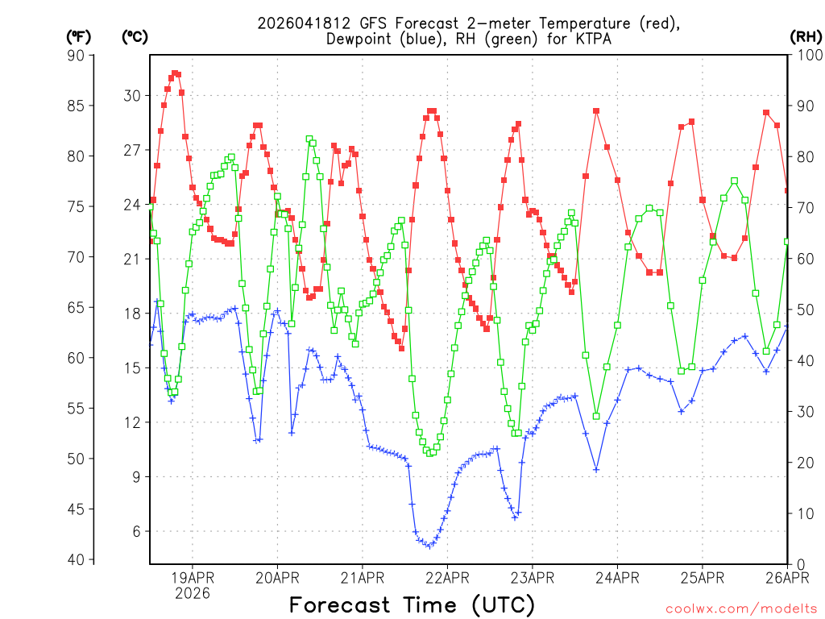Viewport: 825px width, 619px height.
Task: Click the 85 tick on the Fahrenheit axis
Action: (x=80, y=105)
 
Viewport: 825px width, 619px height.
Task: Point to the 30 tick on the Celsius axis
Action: (x=132, y=95)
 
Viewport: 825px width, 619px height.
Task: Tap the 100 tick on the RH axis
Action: (x=807, y=55)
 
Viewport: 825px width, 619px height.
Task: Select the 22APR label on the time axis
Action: (x=446, y=577)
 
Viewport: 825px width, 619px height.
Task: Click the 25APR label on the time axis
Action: (x=702, y=577)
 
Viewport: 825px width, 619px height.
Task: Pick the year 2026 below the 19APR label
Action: (x=192, y=593)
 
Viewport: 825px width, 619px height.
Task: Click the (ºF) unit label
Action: (x=78, y=36)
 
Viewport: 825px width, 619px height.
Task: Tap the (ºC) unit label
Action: (x=134, y=36)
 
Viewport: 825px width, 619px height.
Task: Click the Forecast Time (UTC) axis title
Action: (x=412, y=604)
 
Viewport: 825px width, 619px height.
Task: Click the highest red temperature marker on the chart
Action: (x=175, y=73)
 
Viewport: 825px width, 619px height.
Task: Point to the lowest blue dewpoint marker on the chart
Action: (x=429, y=546)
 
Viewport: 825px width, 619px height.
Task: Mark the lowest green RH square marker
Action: (x=430, y=453)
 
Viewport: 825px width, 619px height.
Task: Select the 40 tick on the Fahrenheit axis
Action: (x=80, y=559)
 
